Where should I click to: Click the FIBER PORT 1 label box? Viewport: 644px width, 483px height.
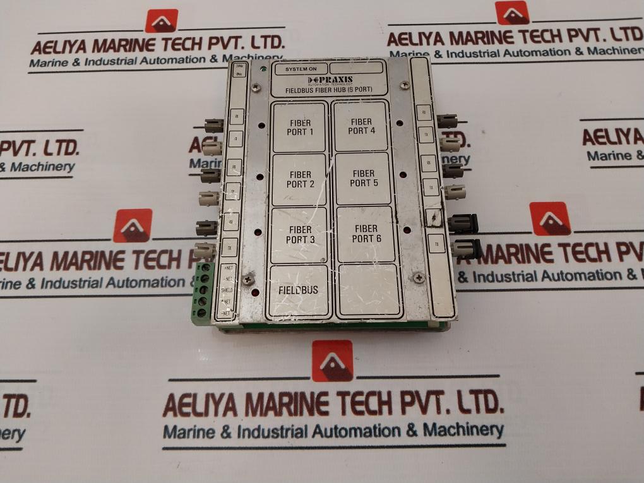299,127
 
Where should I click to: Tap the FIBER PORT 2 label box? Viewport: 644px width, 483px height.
299,179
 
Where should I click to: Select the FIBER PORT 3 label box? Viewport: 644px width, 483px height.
299,234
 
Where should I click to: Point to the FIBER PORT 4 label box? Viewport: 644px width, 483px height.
361,126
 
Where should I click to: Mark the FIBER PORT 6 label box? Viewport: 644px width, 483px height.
366,234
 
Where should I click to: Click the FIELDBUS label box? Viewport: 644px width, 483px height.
299,290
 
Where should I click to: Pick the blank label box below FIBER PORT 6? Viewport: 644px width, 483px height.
369,290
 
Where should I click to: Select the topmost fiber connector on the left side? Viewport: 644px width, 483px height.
213,124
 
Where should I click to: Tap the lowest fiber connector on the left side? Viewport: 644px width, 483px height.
205,251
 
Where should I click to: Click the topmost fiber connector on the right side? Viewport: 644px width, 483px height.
446,120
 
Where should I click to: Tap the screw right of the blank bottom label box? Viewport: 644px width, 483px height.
418,276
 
